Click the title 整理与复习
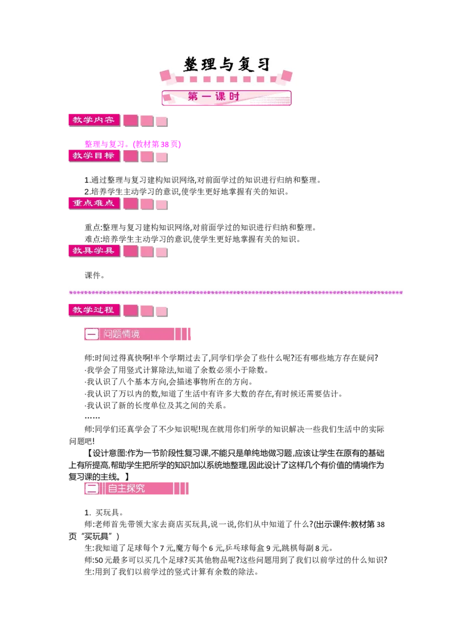pyautogui.click(x=226, y=65)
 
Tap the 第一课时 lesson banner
pyautogui.click(x=226, y=97)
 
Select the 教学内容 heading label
pyautogui.click(x=93, y=120)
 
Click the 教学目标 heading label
pyautogui.click(x=93, y=155)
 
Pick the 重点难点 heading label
pyautogui.click(x=93, y=203)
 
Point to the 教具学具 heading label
pyautogui.click(x=93, y=250)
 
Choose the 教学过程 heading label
pyautogui.click(x=93, y=310)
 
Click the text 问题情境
pyautogui.click(x=121, y=334)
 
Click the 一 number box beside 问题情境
pyautogui.click(x=92, y=334)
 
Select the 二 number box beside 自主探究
pyautogui.click(x=92, y=488)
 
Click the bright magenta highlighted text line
pyautogui.click(x=131, y=144)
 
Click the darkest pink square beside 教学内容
pyautogui.click(x=131, y=121)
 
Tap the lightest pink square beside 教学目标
pyautogui.click(x=161, y=157)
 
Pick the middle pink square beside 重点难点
pyautogui.click(x=147, y=204)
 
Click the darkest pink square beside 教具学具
pyautogui.click(x=131, y=251)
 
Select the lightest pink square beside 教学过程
pyautogui.click(x=161, y=311)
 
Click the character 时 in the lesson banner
pyautogui.click(x=235, y=97)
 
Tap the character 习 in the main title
pyautogui.click(x=262, y=65)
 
